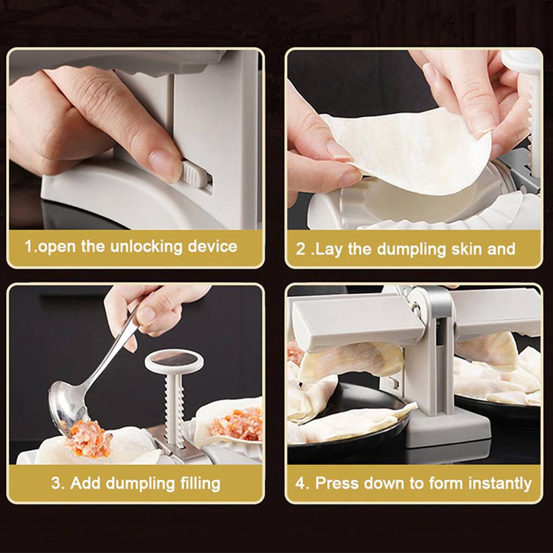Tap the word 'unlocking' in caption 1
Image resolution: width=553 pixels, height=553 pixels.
pyautogui.click(x=146, y=246)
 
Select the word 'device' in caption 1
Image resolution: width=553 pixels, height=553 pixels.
pyautogui.click(x=212, y=246)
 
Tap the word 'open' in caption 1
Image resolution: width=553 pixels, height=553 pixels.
pyautogui.click(x=56, y=247)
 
